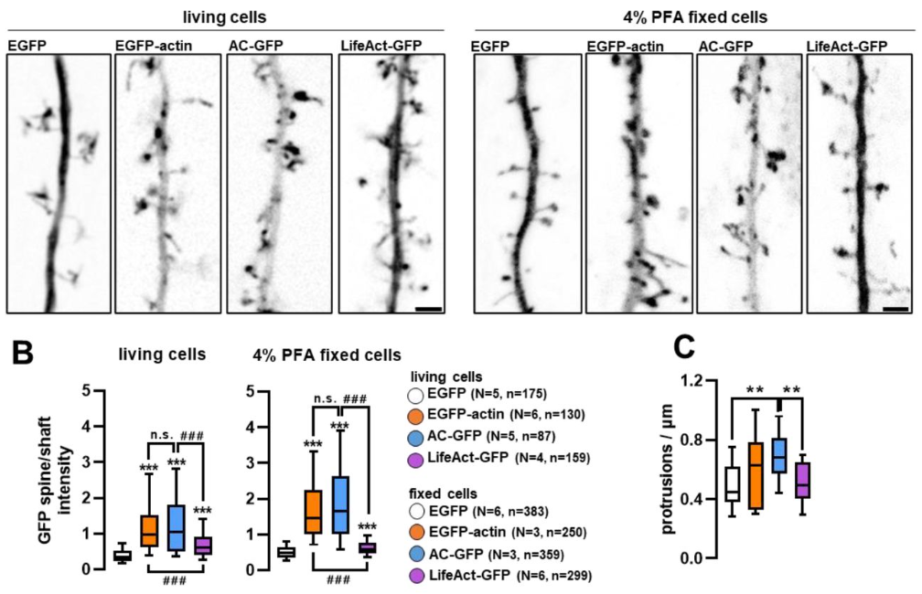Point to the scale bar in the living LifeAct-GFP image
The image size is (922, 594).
click(428, 310)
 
